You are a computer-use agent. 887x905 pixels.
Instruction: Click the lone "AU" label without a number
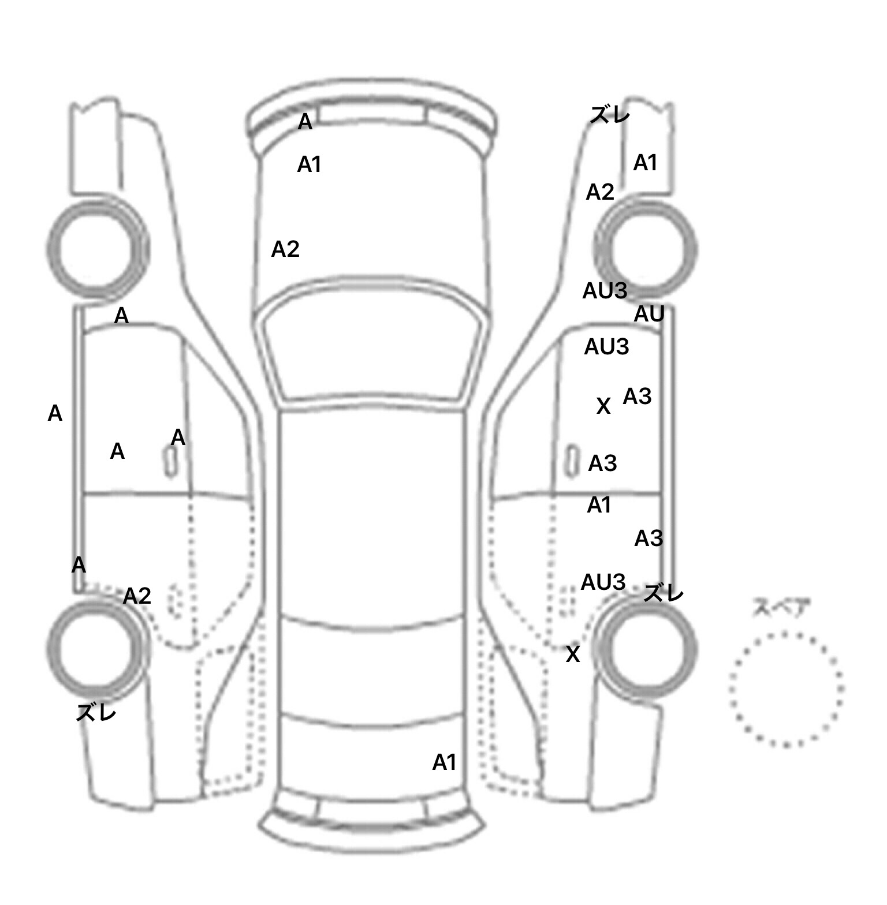pyautogui.click(x=649, y=315)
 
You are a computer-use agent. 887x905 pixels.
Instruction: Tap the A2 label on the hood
pyautogui.click(x=285, y=249)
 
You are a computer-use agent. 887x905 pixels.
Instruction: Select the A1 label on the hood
pyautogui.click(x=309, y=165)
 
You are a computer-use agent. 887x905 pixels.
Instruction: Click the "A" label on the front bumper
pyautogui.click(x=305, y=122)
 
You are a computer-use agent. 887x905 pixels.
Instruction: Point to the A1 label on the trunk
pyautogui.click(x=444, y=762)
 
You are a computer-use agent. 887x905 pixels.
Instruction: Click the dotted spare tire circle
pyautogui.click(x=786, y=689)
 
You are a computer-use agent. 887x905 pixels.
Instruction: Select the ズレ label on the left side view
pyautogui.click(x=96, y=713)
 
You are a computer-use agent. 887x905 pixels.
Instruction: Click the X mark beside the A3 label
pyautogui.click(x=603, y=406)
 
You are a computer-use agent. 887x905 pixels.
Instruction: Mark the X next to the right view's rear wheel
pyautogui.click(x=572, y=655)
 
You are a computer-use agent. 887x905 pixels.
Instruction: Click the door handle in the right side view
pyautogui.click(x=571, y=461)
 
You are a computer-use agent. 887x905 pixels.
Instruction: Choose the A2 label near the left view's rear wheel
pyautogui.click(x=137, y=596)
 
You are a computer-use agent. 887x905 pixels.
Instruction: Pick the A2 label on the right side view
pyautogui.click(x=600, y=192)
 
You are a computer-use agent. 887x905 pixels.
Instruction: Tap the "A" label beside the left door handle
pyautogui.click(x=178, y=438)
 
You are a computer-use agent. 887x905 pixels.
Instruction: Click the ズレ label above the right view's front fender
pyautogui.click(x=610, y=115)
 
